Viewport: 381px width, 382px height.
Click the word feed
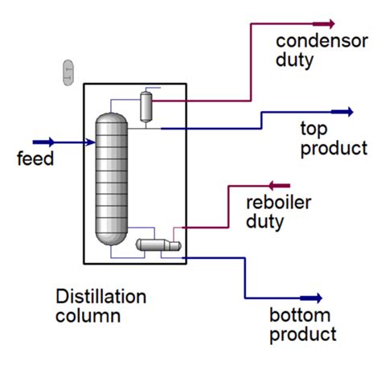point(35,159)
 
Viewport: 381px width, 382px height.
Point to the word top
point(313,129)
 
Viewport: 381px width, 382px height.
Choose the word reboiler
point(278,203)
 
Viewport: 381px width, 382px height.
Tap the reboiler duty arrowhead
point(276,187)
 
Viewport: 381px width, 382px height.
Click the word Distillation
point(101,297)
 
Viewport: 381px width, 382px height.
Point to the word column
point(88,316)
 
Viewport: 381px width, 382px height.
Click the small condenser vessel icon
point(146,106)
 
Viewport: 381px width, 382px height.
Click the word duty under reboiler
point(264,221)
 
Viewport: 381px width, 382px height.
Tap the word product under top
point(333,148)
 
